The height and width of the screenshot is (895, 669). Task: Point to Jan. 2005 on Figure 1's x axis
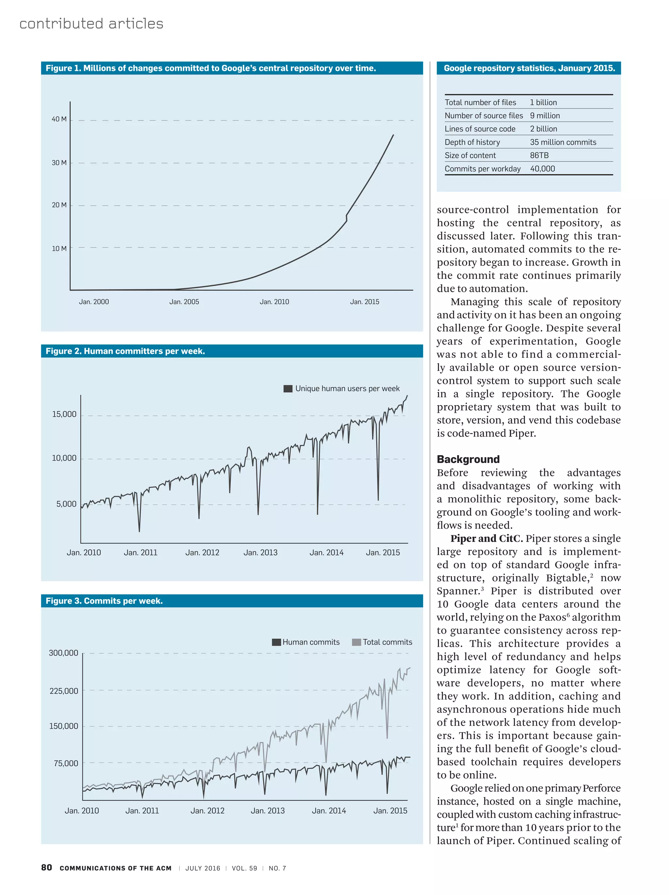184,301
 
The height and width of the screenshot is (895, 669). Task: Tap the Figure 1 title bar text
210,68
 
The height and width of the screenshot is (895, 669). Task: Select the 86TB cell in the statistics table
539,155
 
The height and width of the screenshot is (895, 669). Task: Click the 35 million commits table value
563,142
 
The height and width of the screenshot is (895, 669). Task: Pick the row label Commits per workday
482,169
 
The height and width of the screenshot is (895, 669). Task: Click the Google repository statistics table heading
529,68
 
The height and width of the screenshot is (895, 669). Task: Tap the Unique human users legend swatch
288,389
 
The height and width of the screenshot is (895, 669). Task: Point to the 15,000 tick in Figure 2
64,414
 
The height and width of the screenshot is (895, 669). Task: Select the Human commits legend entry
306,642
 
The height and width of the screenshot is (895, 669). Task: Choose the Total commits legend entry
382,642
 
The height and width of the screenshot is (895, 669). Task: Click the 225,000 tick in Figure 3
64,691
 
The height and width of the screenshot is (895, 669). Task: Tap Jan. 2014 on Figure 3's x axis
329,810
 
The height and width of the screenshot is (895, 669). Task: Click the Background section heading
468,459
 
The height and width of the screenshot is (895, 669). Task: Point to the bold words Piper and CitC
486,538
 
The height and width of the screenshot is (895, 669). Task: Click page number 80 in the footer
46,868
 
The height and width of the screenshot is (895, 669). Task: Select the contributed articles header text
91,24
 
